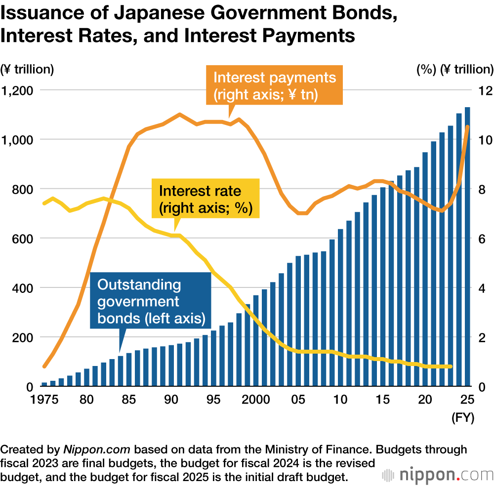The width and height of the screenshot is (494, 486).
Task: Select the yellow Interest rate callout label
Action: tap(206, 199)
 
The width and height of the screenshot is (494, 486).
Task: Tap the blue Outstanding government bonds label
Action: tap(151, 301)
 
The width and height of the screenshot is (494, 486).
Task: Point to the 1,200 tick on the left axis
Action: tap(18, 90)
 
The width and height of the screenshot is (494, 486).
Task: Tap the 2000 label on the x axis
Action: tap(254, 399)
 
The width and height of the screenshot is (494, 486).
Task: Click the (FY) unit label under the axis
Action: tap(463, 418)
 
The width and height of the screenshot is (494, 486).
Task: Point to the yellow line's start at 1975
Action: tap(44, 203)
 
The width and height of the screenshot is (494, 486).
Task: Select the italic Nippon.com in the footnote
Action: tap(97, 450)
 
